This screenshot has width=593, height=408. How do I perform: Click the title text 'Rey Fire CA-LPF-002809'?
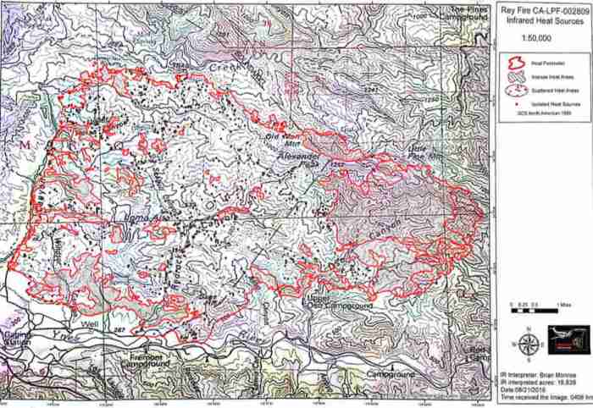542,12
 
